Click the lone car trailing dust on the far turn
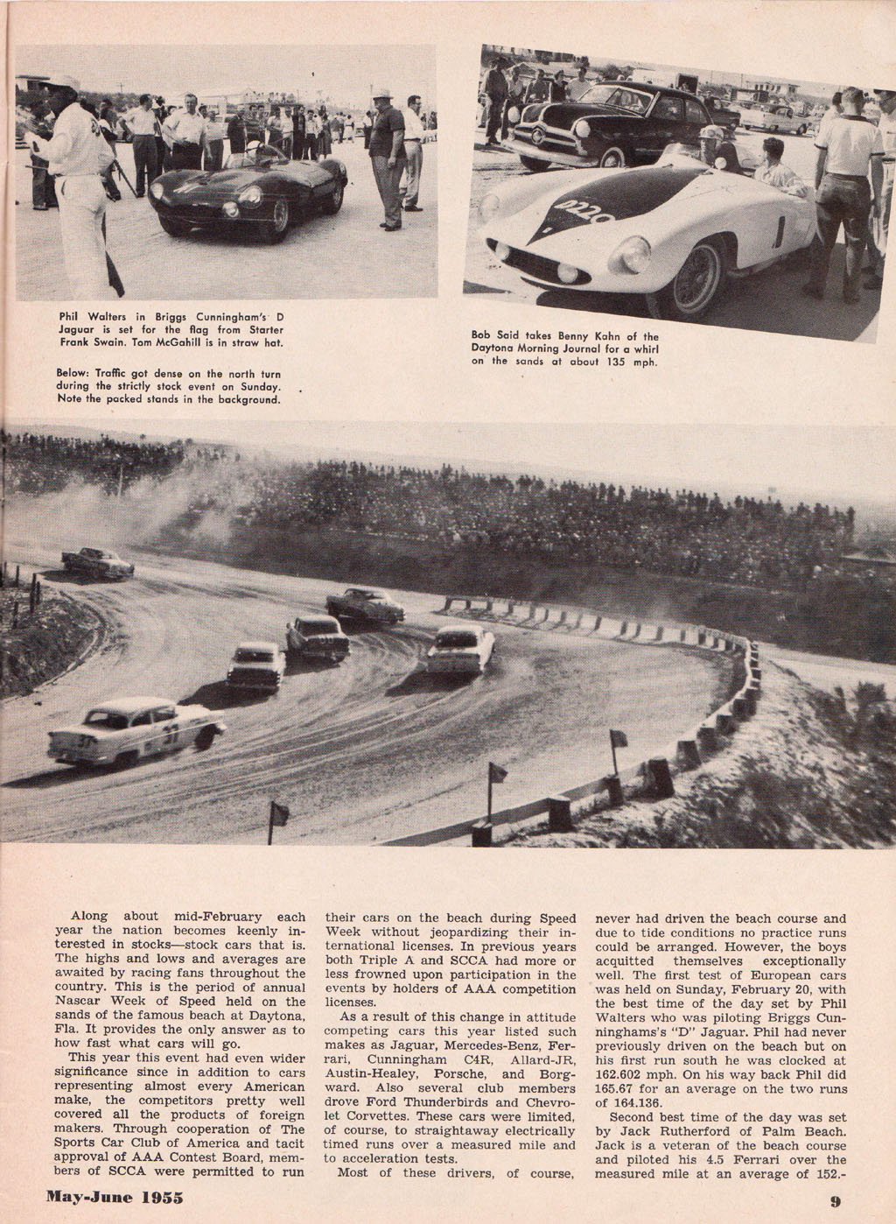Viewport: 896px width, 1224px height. point(97,562)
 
